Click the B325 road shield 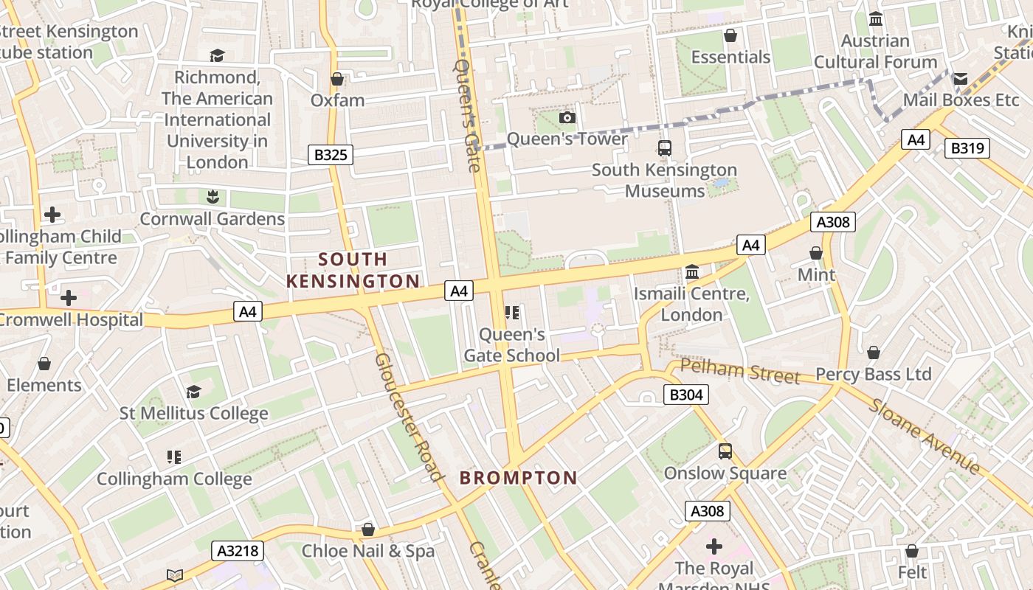(x=331, y=155)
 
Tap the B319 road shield (x=967, y=148)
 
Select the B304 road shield (x=686, y=395)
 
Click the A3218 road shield (x=237, y=550)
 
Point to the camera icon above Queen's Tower (x=567, y=118)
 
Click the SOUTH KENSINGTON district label (x=353, y=270)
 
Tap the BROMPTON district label (x=518, y=478)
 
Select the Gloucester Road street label (x=408, y=417)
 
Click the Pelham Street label (x=739, y=371)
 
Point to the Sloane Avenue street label (x=925, y=437)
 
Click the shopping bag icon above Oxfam (x=337, y=78)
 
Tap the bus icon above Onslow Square (x=725, y=451)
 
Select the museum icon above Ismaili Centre (x=692, y=272)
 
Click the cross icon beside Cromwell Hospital (x=69, y=298)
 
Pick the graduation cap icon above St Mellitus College (x=193, y=392)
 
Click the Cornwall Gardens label (x=212, y=219)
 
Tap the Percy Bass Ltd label (x=873, y=374)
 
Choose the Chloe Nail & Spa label (x=367, y=551)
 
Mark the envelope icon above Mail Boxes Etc (x=960, y=78)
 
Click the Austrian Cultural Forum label (x=875, y=52)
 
